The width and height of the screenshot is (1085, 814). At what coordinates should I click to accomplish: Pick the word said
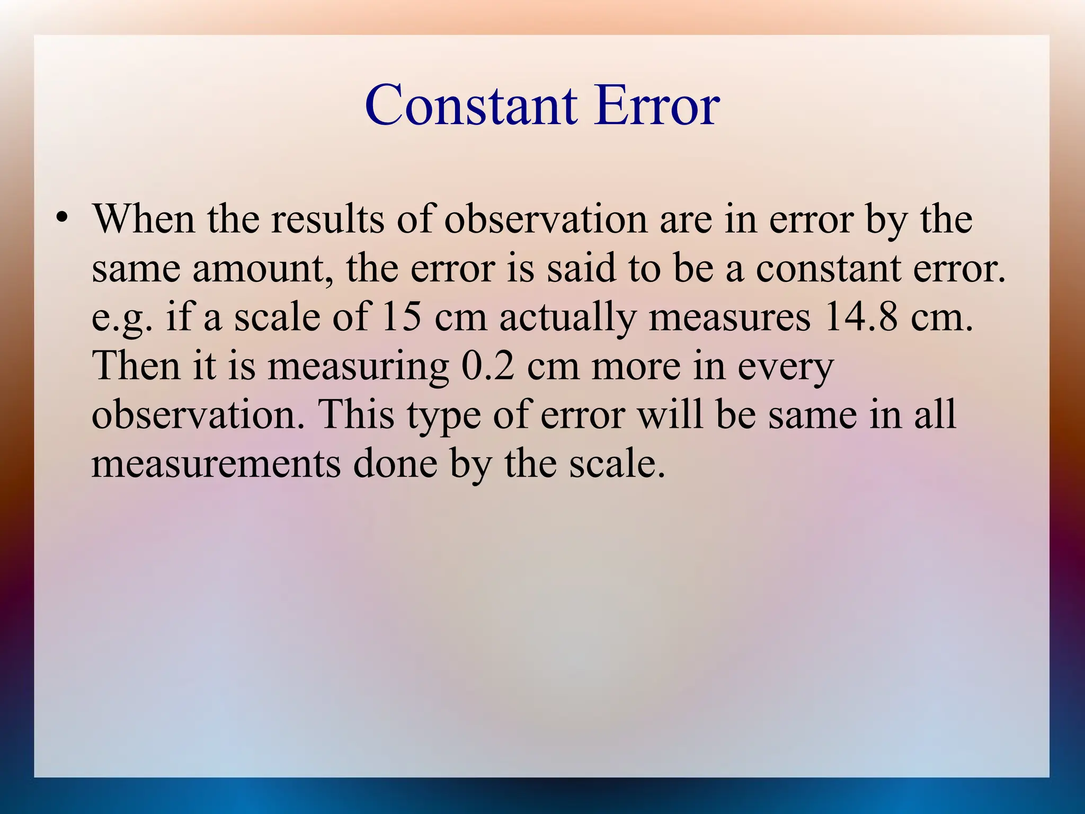coord(582,268)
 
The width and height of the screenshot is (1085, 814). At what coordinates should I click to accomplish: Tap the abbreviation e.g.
coord(122,318)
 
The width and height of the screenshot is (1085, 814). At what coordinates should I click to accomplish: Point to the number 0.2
coord(488,366)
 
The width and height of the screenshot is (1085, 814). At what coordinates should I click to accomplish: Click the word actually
coord(567,318)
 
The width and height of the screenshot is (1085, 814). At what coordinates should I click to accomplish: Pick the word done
coord(395,464)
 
